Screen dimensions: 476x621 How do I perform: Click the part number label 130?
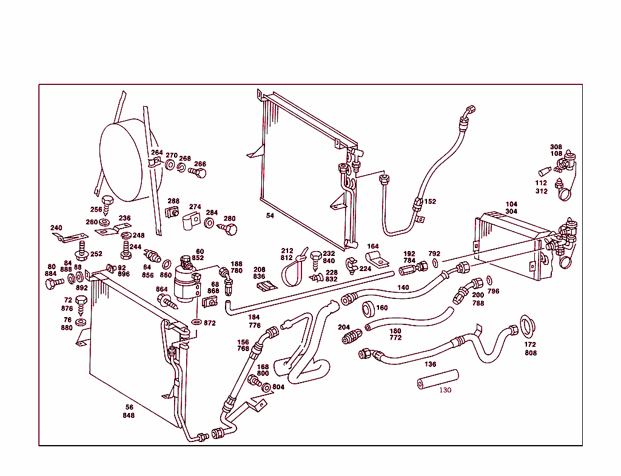445,390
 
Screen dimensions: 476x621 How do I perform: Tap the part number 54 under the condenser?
270,215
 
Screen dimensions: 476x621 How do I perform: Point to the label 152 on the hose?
430,201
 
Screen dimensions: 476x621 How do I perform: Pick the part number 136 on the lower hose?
430,364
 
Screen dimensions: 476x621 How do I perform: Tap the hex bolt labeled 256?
108,203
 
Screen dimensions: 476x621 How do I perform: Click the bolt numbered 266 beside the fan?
198,173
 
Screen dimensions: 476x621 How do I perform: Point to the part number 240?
56,228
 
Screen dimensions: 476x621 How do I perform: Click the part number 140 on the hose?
403,287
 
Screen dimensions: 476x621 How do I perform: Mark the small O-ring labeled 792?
435,263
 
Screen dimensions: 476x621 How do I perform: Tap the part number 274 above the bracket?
195,207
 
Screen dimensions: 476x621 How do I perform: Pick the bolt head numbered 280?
230,229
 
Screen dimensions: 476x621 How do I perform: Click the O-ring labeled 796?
488,281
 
